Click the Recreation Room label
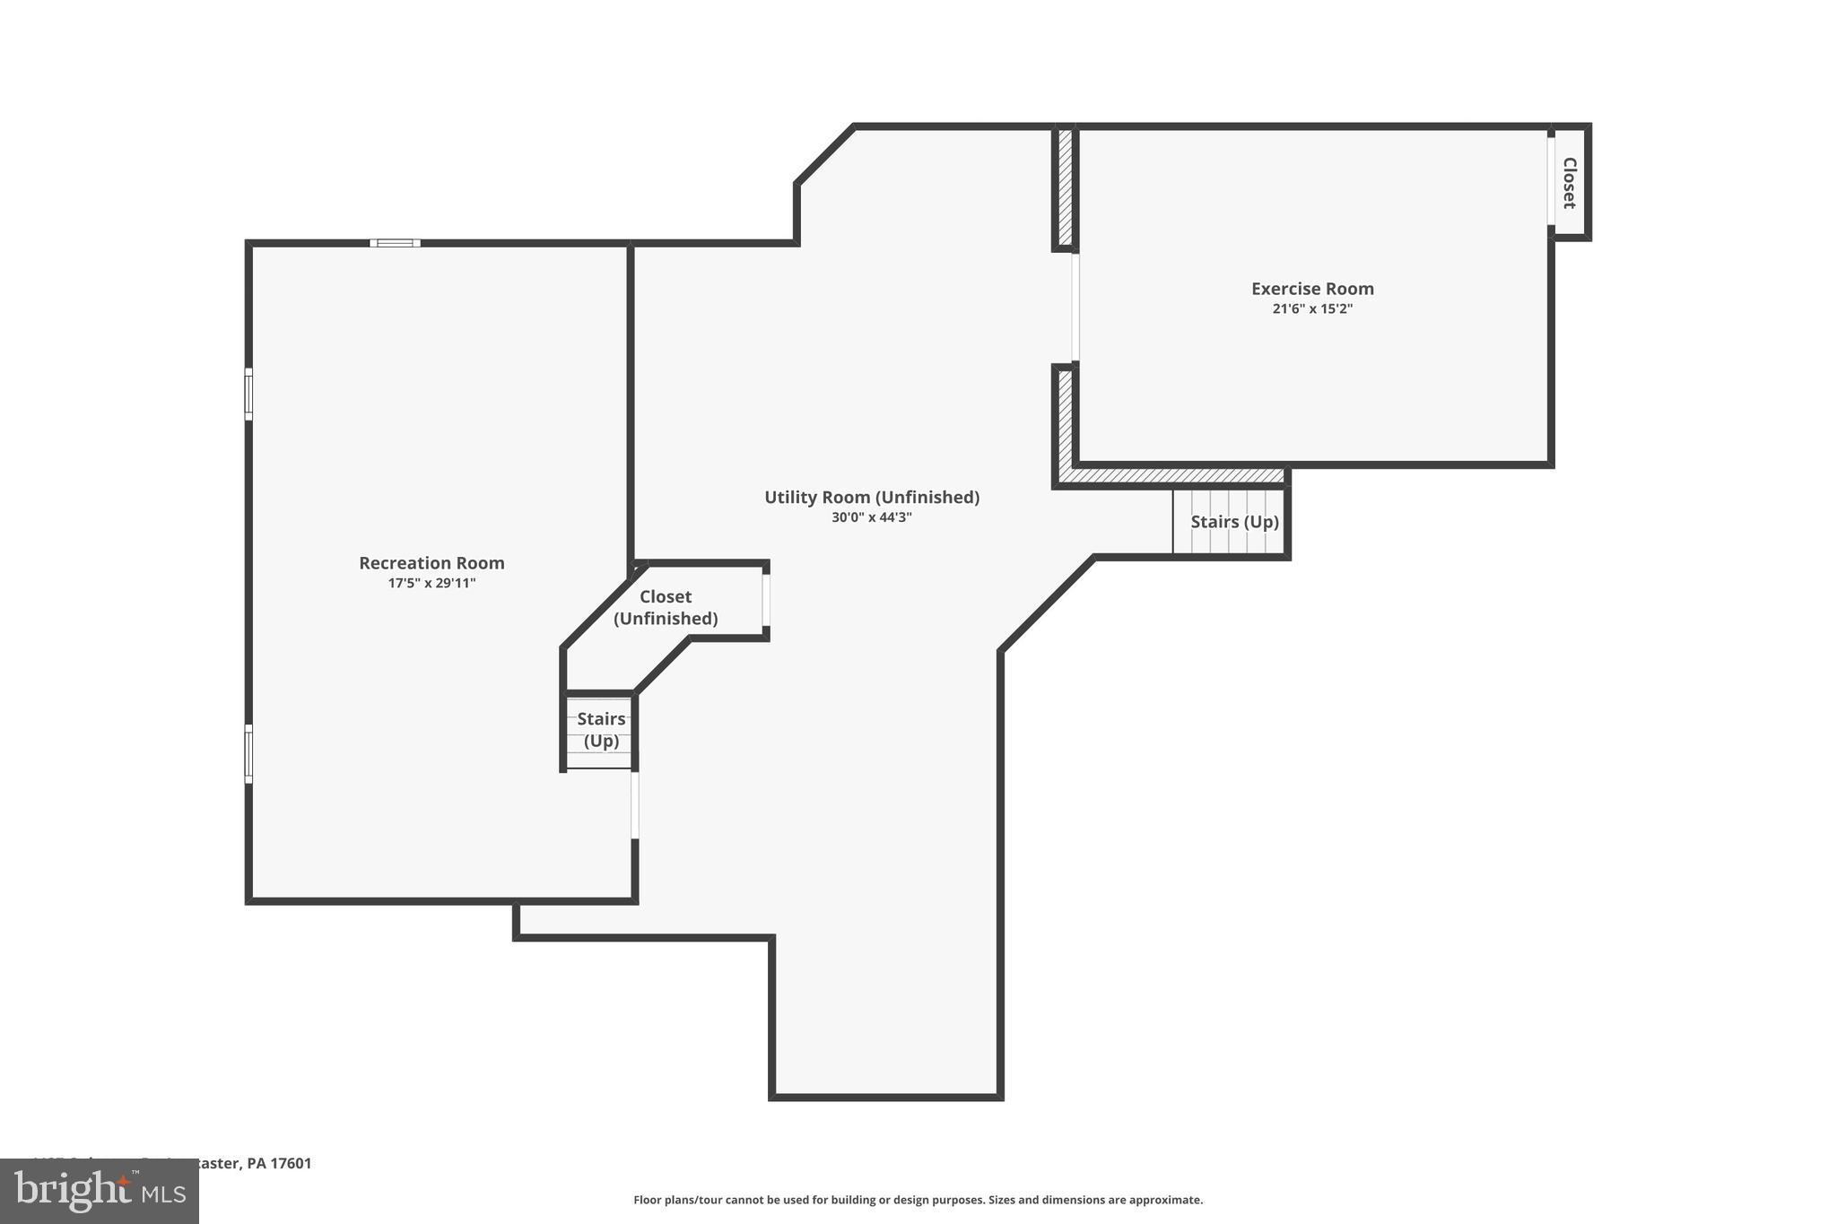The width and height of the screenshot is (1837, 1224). coord(431,563)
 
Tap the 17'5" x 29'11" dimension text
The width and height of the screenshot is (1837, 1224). coord(431,584)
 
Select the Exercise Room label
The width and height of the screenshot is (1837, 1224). coord(1312,289)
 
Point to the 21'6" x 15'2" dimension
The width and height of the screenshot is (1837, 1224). coord(1312,309)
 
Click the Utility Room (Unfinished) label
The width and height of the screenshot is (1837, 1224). coord(871,498)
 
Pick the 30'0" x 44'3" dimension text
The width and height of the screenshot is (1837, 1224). coord(871,517)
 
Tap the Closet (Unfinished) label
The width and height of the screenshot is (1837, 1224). coord(666,607)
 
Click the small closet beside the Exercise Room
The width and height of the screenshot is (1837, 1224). coord(1570,182)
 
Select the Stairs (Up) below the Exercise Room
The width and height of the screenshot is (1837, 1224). coord(1233,522)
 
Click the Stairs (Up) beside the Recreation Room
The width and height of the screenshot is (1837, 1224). coord(600,730)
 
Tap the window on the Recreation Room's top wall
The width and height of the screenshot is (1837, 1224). coord(395,243)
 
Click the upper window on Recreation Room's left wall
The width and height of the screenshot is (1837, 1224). coord(249,394)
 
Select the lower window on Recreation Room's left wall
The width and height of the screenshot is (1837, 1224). coord(249,753)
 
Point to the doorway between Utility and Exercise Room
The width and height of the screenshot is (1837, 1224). coord(1075,308)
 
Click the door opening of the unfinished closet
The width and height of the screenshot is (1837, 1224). coord(766,600)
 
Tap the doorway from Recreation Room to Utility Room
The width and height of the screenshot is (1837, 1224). coord(635,805)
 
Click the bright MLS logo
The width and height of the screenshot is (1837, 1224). coord(100,1192)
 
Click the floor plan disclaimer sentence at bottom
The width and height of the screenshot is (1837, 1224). coord(918,1200)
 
